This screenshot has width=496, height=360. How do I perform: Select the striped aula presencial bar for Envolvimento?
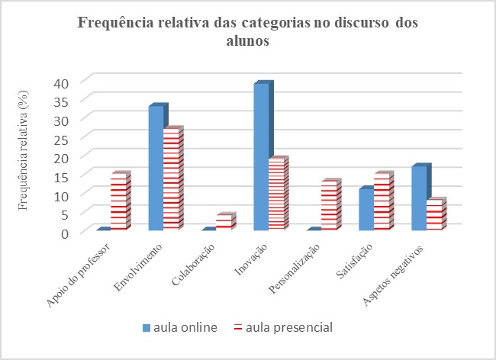point(172,180)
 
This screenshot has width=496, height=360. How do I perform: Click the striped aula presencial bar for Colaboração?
point(224,223)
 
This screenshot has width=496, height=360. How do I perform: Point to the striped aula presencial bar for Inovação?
point(277,195)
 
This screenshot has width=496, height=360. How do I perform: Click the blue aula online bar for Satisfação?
point(366,210)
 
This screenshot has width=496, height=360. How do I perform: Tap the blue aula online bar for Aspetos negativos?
point(419,198)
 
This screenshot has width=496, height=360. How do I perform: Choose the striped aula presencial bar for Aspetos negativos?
point(434,215)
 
